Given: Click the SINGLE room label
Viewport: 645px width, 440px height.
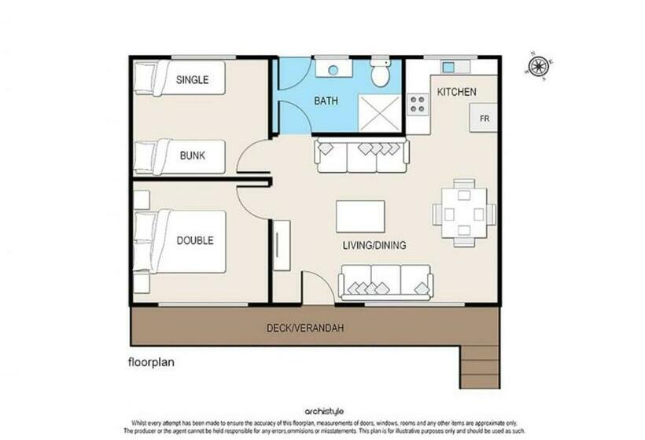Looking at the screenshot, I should click(192, 79).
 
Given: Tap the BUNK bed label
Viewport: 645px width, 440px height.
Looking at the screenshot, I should click(192, 156).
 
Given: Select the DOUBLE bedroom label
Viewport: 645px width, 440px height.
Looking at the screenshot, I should click(194, 240).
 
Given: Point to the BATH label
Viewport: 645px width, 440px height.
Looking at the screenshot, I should click(326, 101).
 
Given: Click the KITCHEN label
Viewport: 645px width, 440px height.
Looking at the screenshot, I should click(456, 92).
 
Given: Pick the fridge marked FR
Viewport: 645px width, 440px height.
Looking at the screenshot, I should click(485, 118).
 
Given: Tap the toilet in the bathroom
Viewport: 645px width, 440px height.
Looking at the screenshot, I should click(381, 75).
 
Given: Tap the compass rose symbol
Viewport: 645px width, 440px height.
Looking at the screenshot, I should click(540, 66).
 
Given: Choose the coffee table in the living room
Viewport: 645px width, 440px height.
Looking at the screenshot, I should click(360, 216).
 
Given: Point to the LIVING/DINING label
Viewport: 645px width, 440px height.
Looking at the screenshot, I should click(374, 245).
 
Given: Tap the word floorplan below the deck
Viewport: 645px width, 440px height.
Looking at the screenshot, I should click(151, 363).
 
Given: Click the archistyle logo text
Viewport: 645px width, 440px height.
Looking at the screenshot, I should click(322, 411).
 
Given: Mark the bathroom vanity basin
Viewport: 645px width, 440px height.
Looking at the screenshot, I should click(334, 70).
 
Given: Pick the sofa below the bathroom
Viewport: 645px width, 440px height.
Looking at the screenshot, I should click(361, 156).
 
